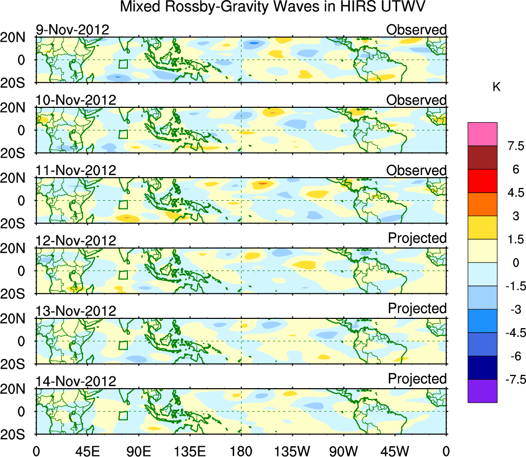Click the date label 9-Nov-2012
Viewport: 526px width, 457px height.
click(72, 30)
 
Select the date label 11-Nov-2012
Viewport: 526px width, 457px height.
click(76, 170)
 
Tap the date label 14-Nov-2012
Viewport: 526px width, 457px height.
click(76, 381)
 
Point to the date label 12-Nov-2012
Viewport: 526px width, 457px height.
click(76, 240)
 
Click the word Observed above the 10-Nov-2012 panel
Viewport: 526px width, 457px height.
click(417, 100)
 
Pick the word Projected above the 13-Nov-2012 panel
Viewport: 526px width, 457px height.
click(417, 309)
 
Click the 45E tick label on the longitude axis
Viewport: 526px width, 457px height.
click(87, 451)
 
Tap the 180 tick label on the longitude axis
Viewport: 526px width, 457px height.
click(241, 451)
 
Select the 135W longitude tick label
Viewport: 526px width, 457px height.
click(292, 451)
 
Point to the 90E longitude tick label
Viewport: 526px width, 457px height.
click(138, 451)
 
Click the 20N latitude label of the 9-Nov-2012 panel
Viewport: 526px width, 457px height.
click(17, 37)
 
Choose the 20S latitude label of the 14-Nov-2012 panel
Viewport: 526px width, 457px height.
click(17, 434)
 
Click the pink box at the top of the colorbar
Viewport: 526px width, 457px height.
click(482, 134)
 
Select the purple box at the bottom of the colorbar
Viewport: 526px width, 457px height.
click(482, 391)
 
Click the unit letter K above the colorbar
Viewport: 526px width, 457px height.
click(496, 87)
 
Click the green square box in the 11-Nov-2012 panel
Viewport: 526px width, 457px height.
click(123, 204)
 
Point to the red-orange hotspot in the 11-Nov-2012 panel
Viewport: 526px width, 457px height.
click(262, 183)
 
